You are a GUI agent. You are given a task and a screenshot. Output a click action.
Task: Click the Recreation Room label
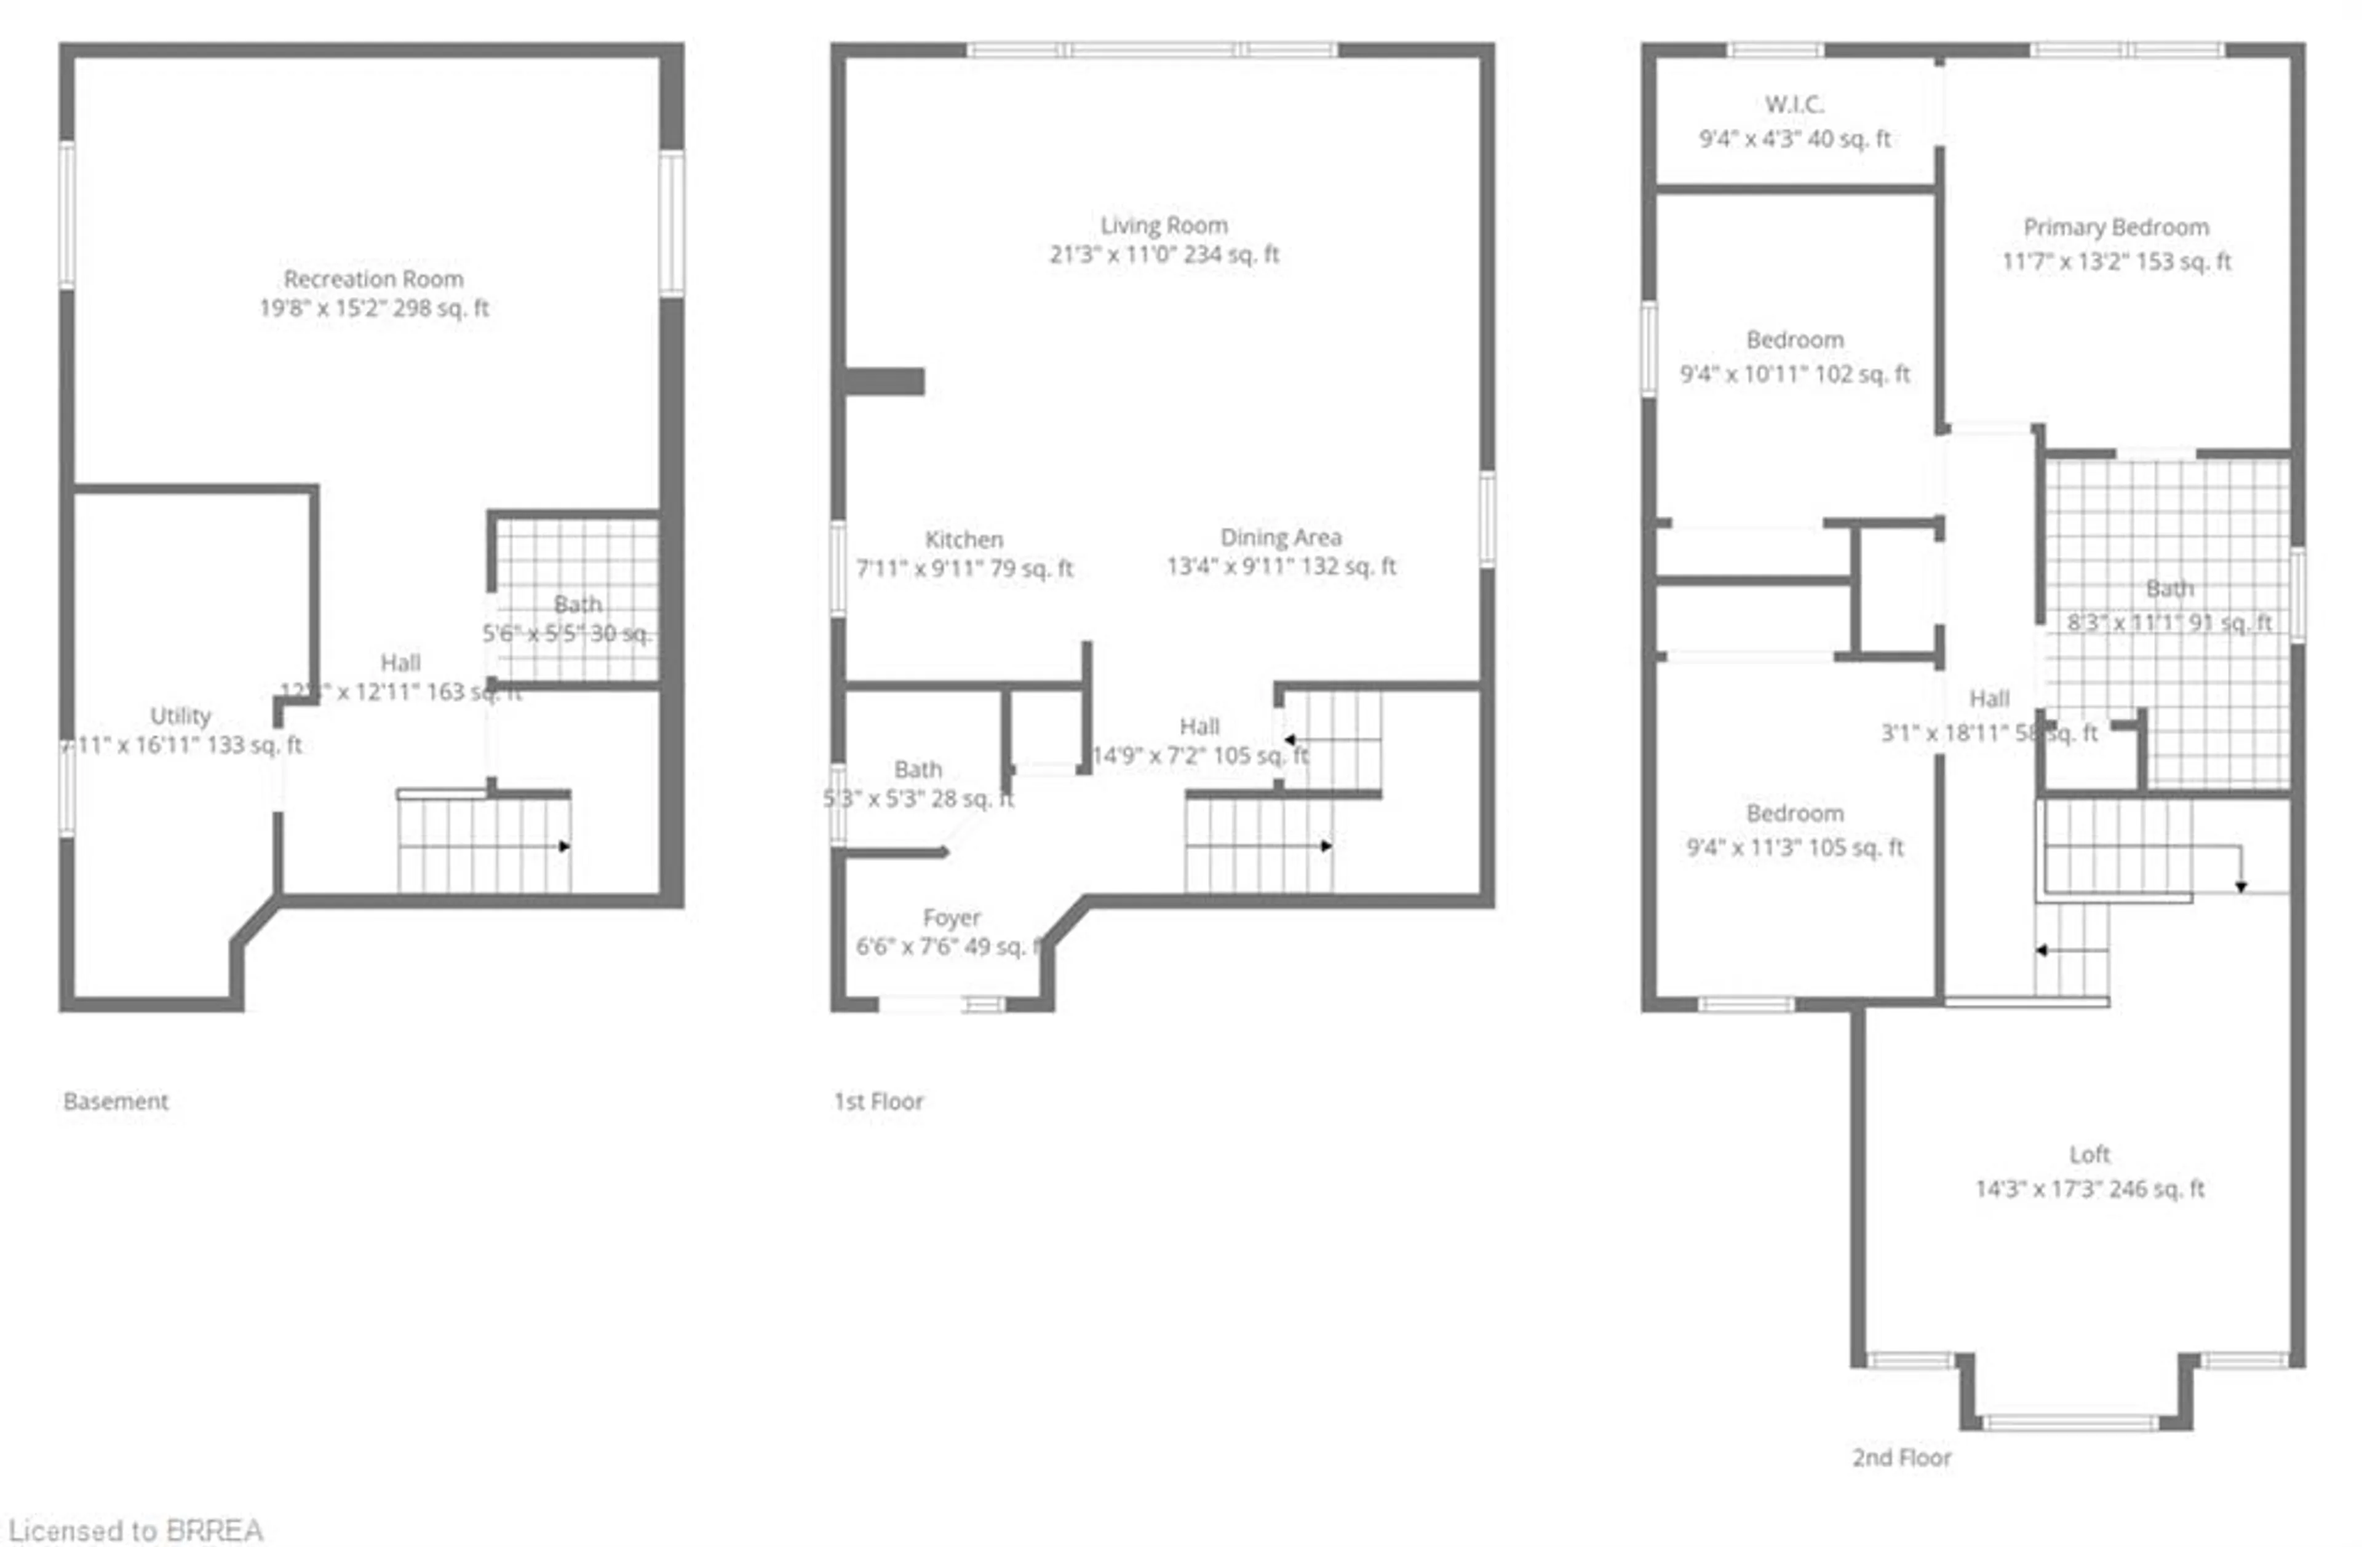click(373, 279)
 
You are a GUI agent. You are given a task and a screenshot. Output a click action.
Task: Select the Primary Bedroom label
click(2116, 228)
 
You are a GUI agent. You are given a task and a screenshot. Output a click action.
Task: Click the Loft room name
click(2089, 1154)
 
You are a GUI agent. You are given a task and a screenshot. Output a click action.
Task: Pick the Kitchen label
click(964, 539)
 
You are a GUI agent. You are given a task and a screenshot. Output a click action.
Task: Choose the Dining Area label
click(1280, 537)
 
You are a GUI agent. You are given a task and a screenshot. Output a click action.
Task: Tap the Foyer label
click(951, 917)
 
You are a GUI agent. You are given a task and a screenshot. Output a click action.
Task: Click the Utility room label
click(180, 716)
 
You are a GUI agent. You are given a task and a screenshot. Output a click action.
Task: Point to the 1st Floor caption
click(878, 1101)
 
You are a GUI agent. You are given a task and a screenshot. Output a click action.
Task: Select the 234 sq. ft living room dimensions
click(1164, 254)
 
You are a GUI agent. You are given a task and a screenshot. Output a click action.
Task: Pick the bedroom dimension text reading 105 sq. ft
click(1794, 847)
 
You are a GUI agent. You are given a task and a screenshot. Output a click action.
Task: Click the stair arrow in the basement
click(563, 847)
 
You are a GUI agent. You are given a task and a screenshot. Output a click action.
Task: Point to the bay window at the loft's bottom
click(2069, 1423)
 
